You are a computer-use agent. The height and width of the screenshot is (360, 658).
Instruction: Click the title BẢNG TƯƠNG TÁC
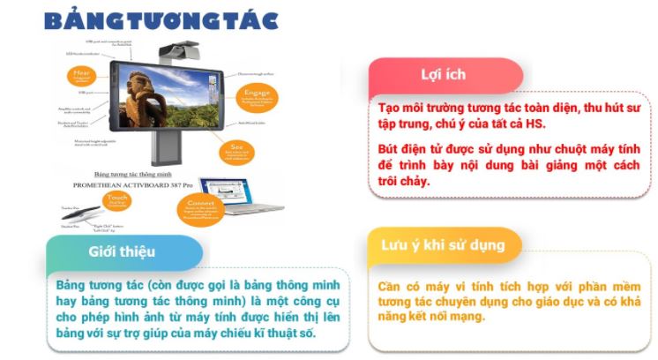(161, 19)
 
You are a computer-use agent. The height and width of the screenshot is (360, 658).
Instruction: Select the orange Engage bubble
(257, 95)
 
